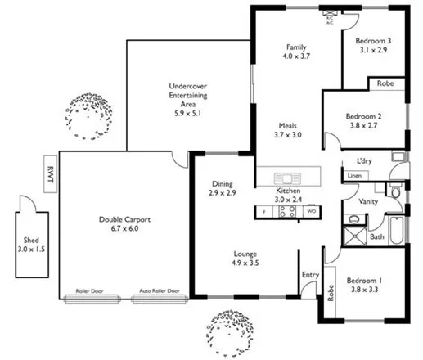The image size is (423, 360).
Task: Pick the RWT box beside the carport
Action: pyautogui.click(x=51, y=173)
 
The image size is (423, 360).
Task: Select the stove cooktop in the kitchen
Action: pyautogui.click(x=287, y=211)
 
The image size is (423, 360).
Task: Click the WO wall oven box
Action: pyautogui.click(x=312, y=211)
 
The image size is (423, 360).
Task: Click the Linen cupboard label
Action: pyautogui.click(x=354, y=176)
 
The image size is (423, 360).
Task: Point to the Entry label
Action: pyautogui.click(x=310, y=275)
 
